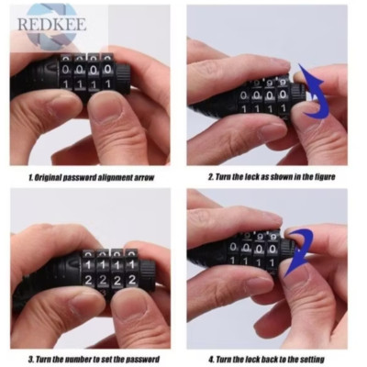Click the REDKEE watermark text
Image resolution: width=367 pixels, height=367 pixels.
(51, 24)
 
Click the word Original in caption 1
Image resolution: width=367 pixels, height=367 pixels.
(48, 177)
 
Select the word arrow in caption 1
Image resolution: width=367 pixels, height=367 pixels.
(144, 177)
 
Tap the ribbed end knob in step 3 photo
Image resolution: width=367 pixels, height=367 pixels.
(148, 269)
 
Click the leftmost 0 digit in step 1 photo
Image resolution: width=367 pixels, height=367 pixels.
(65, 70)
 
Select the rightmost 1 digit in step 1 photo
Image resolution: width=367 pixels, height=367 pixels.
(107, 84)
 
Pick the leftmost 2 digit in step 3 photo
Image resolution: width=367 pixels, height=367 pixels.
(89, 280)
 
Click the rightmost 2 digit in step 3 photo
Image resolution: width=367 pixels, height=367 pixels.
(132, 279)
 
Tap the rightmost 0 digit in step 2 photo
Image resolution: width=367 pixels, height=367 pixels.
(283, 95)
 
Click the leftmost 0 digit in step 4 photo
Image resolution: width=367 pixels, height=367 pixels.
(233, 247)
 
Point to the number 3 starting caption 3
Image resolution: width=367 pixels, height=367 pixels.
(30, 360)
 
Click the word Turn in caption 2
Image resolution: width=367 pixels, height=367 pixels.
(223, 177)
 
